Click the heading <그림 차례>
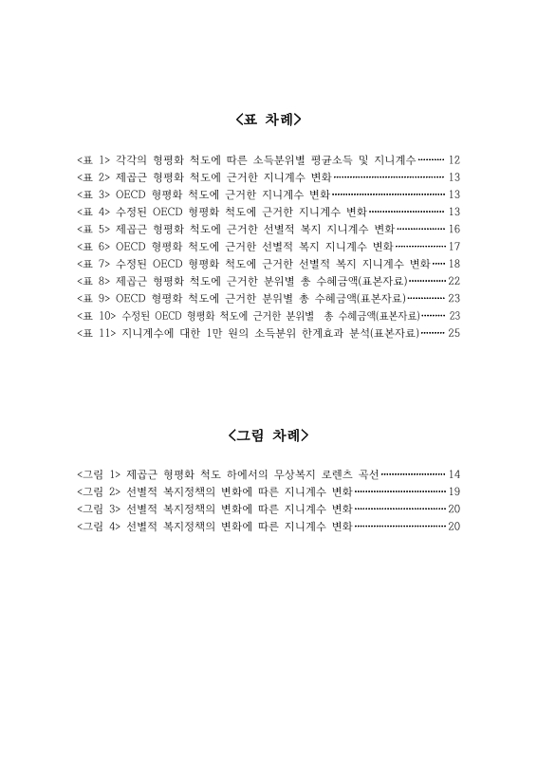click(x=268, y=436)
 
